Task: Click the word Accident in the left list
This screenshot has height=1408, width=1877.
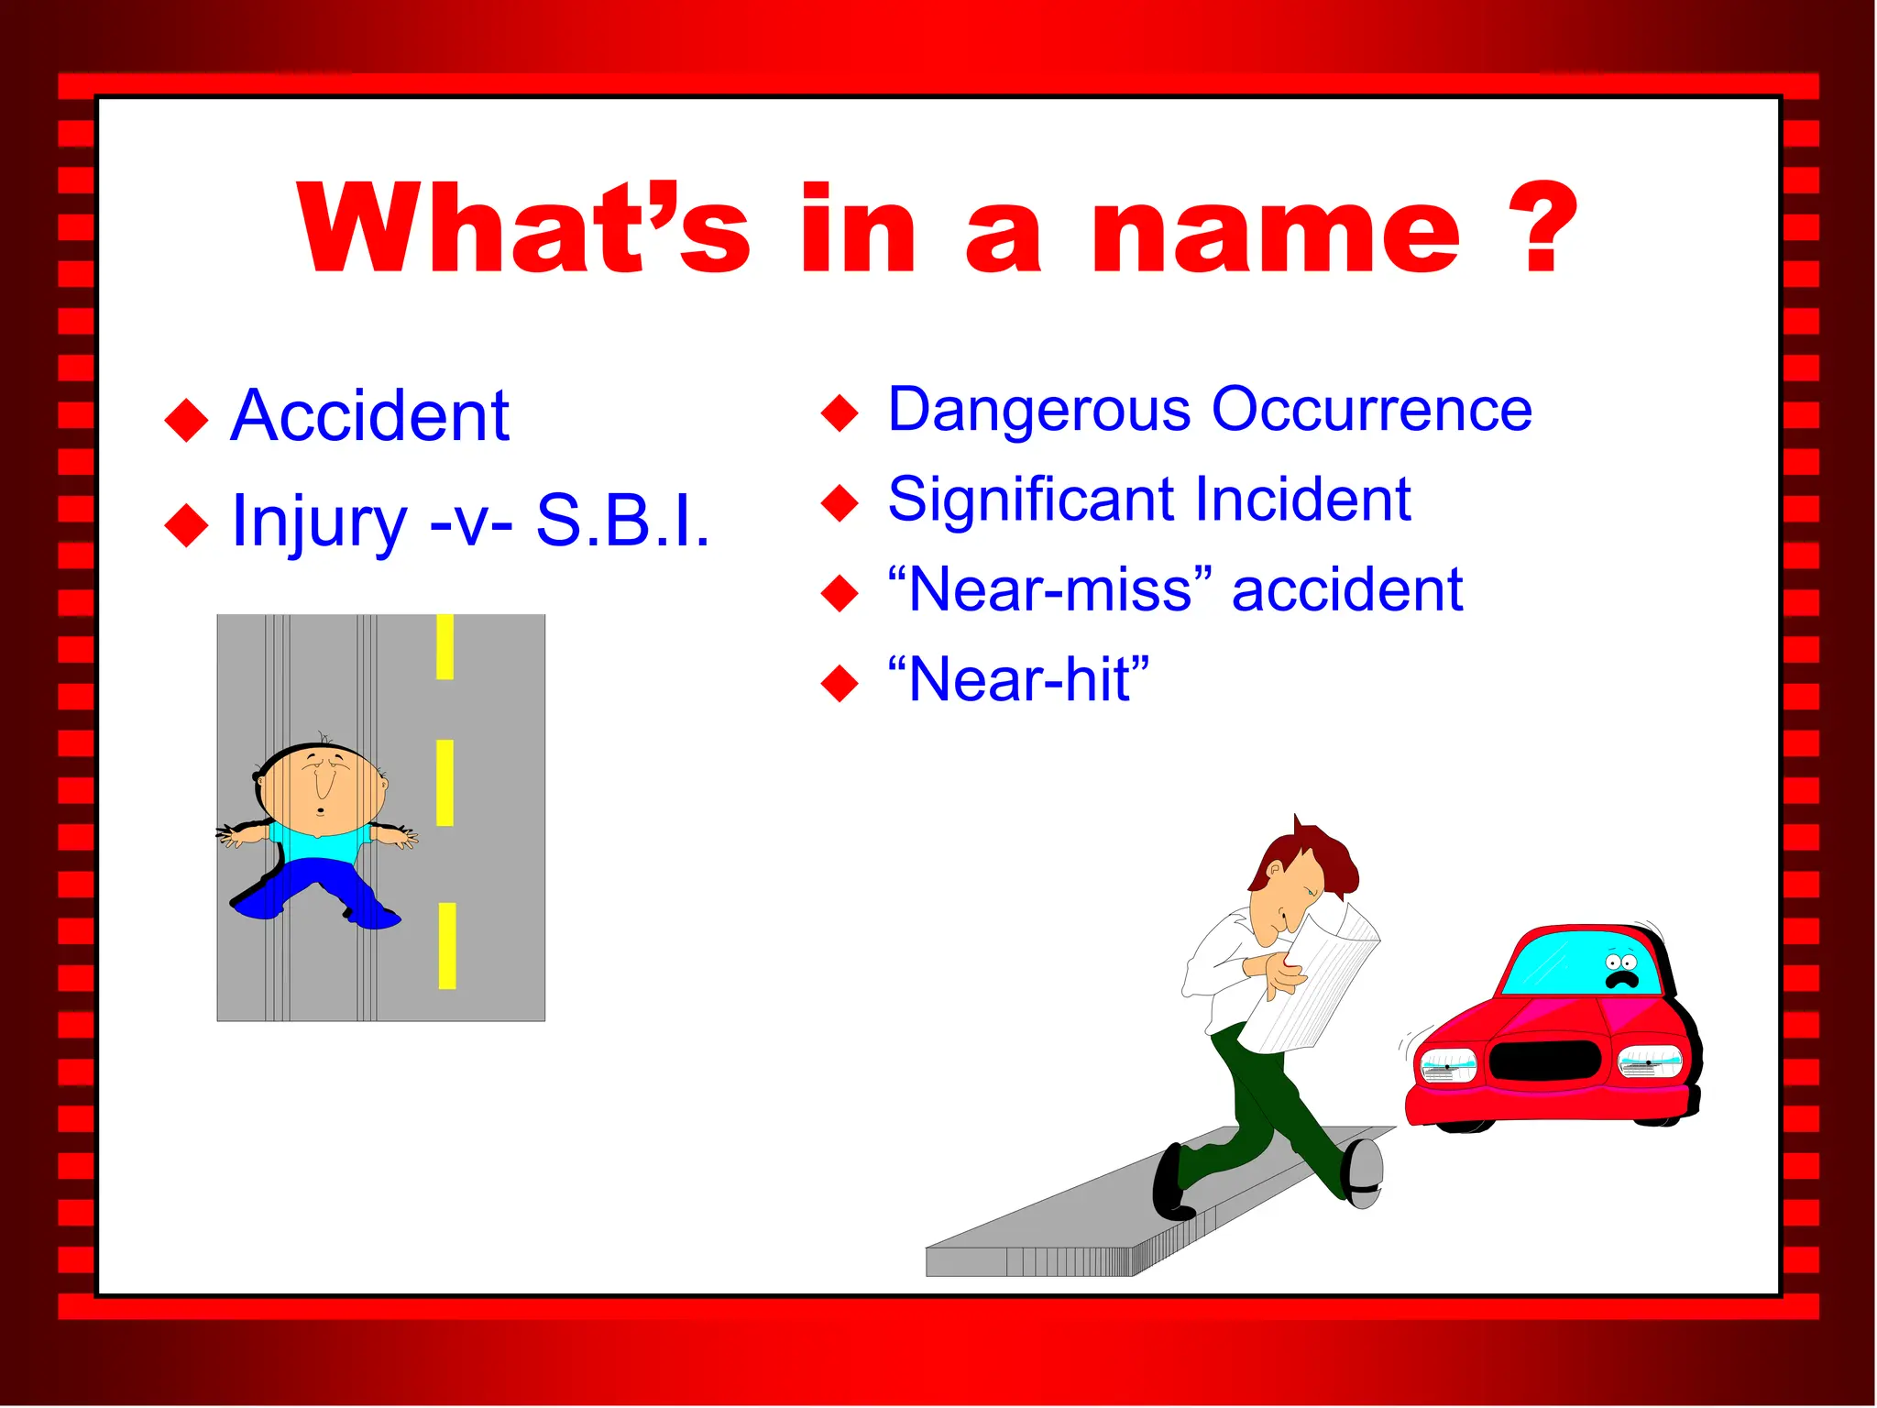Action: pos(369,416)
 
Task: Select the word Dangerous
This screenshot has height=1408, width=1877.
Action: pos(1039,410)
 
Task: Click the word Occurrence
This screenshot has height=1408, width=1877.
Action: pos(1371,409)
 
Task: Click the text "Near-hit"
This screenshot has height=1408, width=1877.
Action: pos(1018,680)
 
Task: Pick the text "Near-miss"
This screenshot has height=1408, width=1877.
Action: pos(1050,589)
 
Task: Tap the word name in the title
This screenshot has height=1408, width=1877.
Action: pos(1275,231)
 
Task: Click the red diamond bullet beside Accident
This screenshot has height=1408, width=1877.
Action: pos(187,420)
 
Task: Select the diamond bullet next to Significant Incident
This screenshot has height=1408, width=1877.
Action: pos(840,502)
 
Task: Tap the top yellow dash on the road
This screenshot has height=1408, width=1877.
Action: pos(445,646)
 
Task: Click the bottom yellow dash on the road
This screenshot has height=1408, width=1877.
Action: pos(447,946)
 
